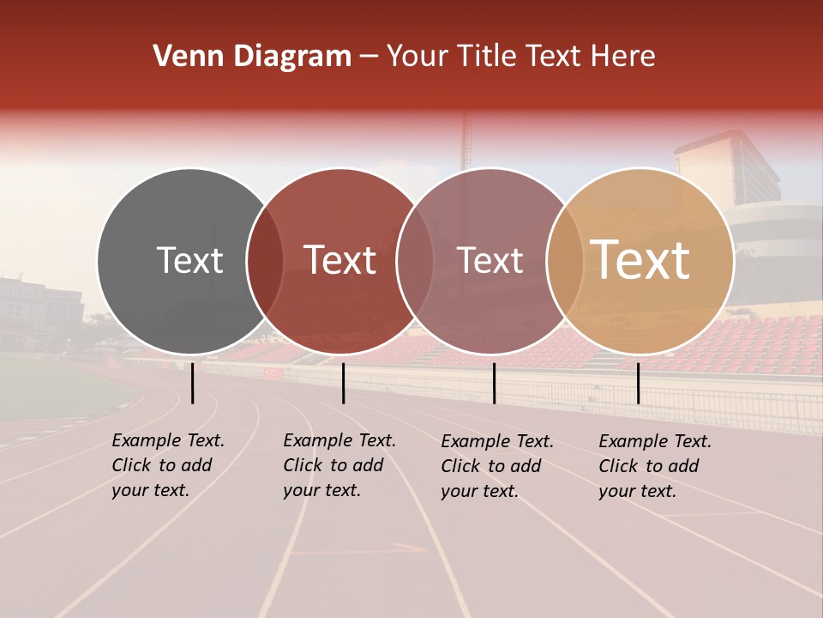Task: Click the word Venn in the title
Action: point(186,57)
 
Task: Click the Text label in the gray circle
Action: point(189,260)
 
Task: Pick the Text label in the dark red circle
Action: point(339,260)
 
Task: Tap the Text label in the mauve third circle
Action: point(490,260)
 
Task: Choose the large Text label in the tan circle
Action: point(640,260)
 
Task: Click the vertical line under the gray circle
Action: point(192,383)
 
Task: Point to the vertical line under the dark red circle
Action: point(343,383)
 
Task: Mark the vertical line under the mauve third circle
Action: point(494,383)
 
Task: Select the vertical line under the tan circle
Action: point(638,383)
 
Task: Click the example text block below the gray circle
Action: point(167,465)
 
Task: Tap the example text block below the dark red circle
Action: point(339,465)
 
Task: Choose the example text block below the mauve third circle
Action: point(497,465)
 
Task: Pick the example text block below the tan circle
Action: point(655,465)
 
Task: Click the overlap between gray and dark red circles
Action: point(265,261)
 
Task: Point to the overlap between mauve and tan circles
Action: point(564,261)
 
